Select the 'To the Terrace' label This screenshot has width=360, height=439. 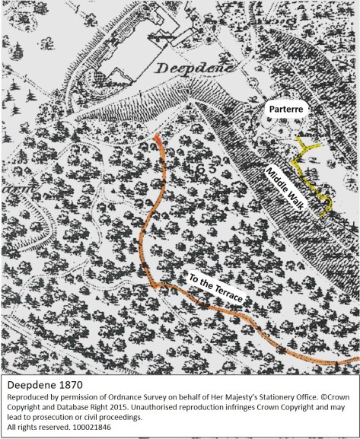[215, 288]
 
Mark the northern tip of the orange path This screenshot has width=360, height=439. [155, 135]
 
